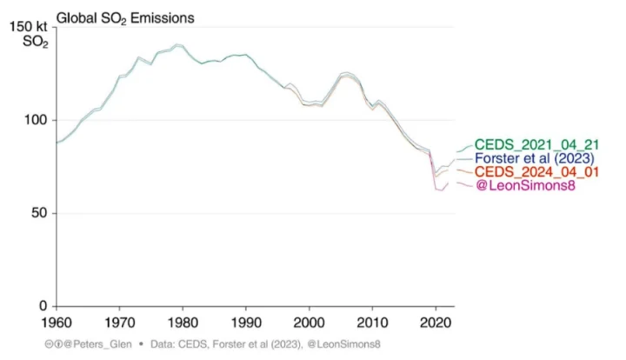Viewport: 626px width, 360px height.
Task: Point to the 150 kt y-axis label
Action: [28, 28]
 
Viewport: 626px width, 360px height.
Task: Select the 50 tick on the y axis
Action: [41, 213]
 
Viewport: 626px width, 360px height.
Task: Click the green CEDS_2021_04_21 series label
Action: [536, 144]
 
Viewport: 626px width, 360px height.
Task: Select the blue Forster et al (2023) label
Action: [535, 159]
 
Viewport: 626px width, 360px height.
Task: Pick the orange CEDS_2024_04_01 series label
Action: [536, 173]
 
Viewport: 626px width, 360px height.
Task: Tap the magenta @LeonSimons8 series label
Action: [525, 187]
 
